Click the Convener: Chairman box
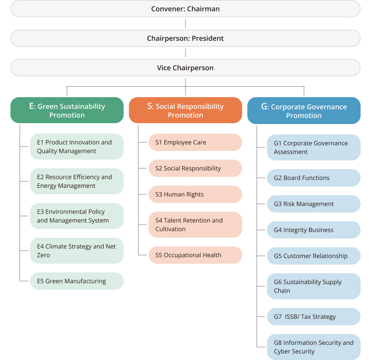(185, 9)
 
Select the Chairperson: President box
(185, 38)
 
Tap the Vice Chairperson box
(185, 68)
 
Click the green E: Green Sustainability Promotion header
(67, 111)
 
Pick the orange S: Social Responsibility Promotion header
(185, 111)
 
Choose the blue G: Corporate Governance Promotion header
(304, 111)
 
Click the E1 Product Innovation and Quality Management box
(77, 147)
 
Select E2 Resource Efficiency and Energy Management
(77, 181)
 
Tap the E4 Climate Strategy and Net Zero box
(77, 251)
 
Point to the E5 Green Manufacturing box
(77, 281)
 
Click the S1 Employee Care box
(195, 142)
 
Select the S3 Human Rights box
(195, 194)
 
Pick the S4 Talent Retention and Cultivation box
(195, 225)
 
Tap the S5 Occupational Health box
(195, 255)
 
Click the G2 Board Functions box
(313, 178)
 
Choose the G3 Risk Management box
(313, 204)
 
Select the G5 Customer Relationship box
(313, 256)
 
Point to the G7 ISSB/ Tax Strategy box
(313, 317)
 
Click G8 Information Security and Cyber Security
(313, 347)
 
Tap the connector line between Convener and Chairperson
(185, 23)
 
